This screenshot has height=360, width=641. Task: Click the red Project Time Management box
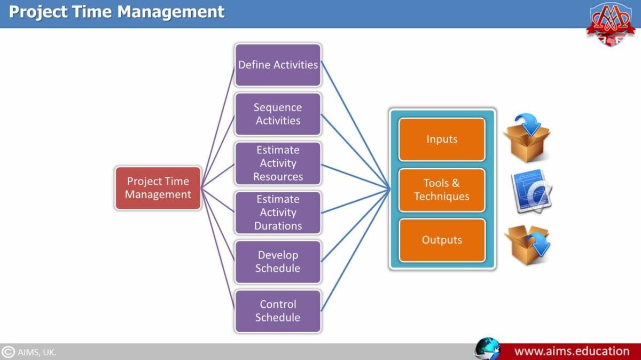click(158, 187)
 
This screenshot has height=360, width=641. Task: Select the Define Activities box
click(278, 65)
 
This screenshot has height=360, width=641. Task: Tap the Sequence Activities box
click(278, 114)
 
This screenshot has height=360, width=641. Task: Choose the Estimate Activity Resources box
click(278, 163)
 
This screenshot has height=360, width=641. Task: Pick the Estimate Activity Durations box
click(278, 212)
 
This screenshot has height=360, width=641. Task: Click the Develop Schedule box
click(278, 262)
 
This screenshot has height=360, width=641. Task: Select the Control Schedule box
click(278, 311)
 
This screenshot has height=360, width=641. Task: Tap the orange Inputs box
click(442, 139)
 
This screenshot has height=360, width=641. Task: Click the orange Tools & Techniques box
click(442, 190)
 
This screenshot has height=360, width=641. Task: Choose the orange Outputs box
click(442, 240)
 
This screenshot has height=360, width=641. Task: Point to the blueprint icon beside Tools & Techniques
click(531, 191)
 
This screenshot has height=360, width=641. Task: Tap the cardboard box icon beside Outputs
click(527, 244)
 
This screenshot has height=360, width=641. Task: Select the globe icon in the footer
click(487, 349)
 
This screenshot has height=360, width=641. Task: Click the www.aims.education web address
click(572, 351)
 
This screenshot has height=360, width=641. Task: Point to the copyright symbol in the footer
click(8, 352)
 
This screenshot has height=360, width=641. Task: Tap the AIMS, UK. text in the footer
click(37, 352)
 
